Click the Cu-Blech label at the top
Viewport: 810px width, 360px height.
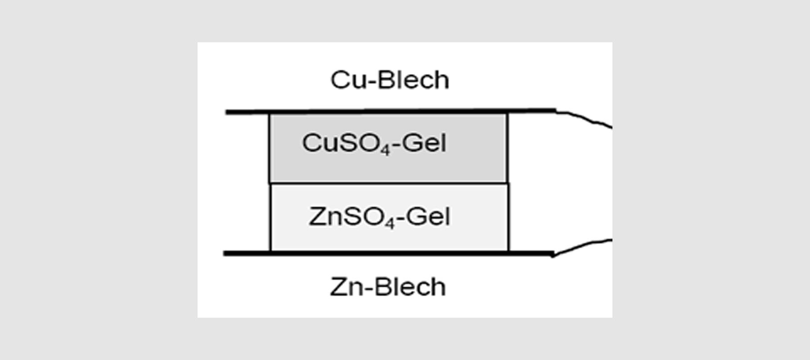[390, 80]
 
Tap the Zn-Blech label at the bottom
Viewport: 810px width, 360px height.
[388, 287]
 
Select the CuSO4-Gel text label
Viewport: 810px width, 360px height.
[374, 144]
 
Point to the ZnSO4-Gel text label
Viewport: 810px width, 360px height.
[379, 217]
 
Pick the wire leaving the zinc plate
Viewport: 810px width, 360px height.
[585, 246]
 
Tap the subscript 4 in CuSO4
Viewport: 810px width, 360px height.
[385, 150]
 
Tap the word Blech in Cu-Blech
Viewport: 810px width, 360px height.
[413, 80]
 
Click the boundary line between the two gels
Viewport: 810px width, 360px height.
[389, 183]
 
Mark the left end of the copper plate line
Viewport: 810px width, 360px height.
[228, 112]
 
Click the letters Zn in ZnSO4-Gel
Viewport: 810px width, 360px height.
[323, 217]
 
